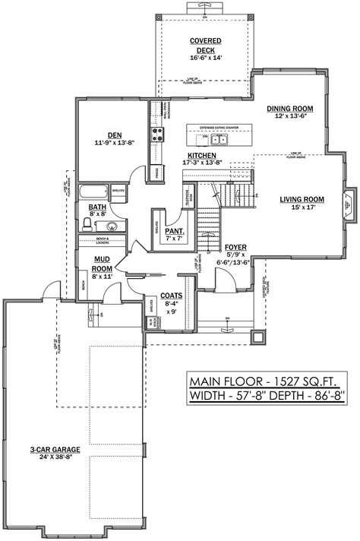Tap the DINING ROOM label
tap(289, 109)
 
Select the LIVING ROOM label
tap(302, 199)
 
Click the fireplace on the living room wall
tap(347, 203)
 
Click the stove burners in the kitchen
tap(159, 134)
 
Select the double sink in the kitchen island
tap(219, 139)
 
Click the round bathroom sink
tap(111, 225)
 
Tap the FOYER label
tap(234, 248)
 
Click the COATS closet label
tap(169, 297)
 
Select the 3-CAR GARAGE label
tap(52, 450)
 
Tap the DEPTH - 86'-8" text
tap(303, 396)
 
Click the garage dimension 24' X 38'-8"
tap(52, 458)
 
